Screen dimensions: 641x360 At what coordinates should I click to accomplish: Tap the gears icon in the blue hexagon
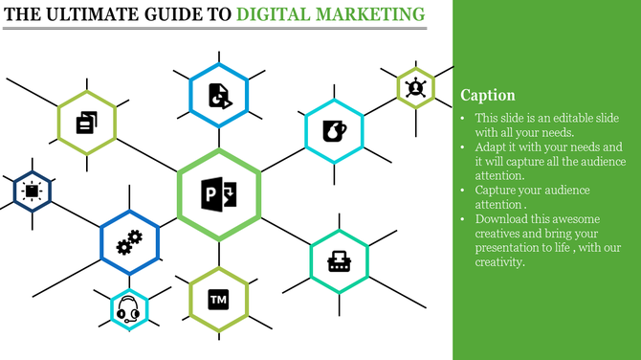(x=128, y=242)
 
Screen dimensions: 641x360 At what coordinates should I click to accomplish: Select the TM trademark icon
(x=218, y=300)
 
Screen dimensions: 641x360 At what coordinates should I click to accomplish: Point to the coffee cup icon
(x=334, y=130)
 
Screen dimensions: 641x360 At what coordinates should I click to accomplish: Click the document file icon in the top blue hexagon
(x=218, y=95)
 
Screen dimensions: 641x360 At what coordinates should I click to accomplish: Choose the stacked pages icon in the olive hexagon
(x=86, y=122)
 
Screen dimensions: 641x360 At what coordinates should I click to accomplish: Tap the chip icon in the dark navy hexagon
(x=32, y=191)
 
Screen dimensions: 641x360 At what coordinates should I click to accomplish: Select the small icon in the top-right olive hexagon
(x=416, y=88)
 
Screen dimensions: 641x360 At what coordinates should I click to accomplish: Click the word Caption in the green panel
(x=488, y=96)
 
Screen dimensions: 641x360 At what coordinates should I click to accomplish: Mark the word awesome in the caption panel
(x=590, y=218)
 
